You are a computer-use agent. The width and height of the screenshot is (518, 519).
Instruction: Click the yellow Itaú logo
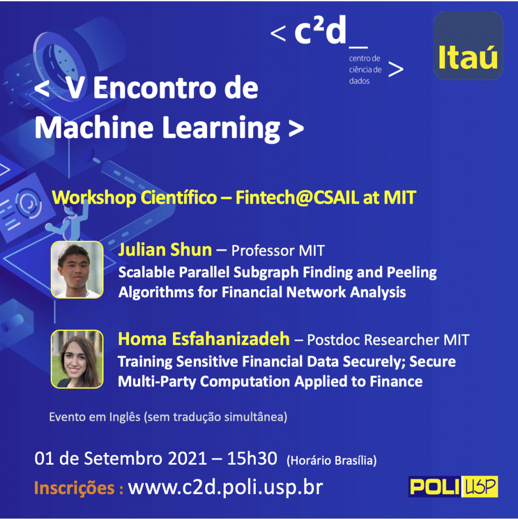tap(468, 46)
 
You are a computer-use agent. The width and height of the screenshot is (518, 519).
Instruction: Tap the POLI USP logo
tap(453, 486)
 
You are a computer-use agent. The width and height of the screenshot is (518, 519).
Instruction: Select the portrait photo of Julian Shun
tap(77, 270)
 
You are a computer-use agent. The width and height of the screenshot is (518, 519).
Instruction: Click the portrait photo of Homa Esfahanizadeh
tap(77, 359)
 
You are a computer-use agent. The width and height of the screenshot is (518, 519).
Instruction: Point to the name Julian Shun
tap(165, 249)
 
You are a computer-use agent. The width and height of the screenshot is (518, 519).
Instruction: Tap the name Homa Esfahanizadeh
tap(204, 339)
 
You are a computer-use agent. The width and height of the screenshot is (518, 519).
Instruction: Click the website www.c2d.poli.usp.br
tap(225, 487)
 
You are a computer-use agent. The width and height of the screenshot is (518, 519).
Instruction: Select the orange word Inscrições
tap(75, 488)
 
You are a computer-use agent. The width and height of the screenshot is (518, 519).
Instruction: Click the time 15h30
tap(252, 458)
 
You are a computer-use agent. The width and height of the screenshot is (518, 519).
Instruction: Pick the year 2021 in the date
tap(188, 458)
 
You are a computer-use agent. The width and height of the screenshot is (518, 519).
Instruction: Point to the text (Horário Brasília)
tap(331, 460)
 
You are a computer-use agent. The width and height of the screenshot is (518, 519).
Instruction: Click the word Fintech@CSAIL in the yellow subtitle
tap(297, 197)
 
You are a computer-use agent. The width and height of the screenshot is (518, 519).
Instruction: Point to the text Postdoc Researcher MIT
tap(388, 340)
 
